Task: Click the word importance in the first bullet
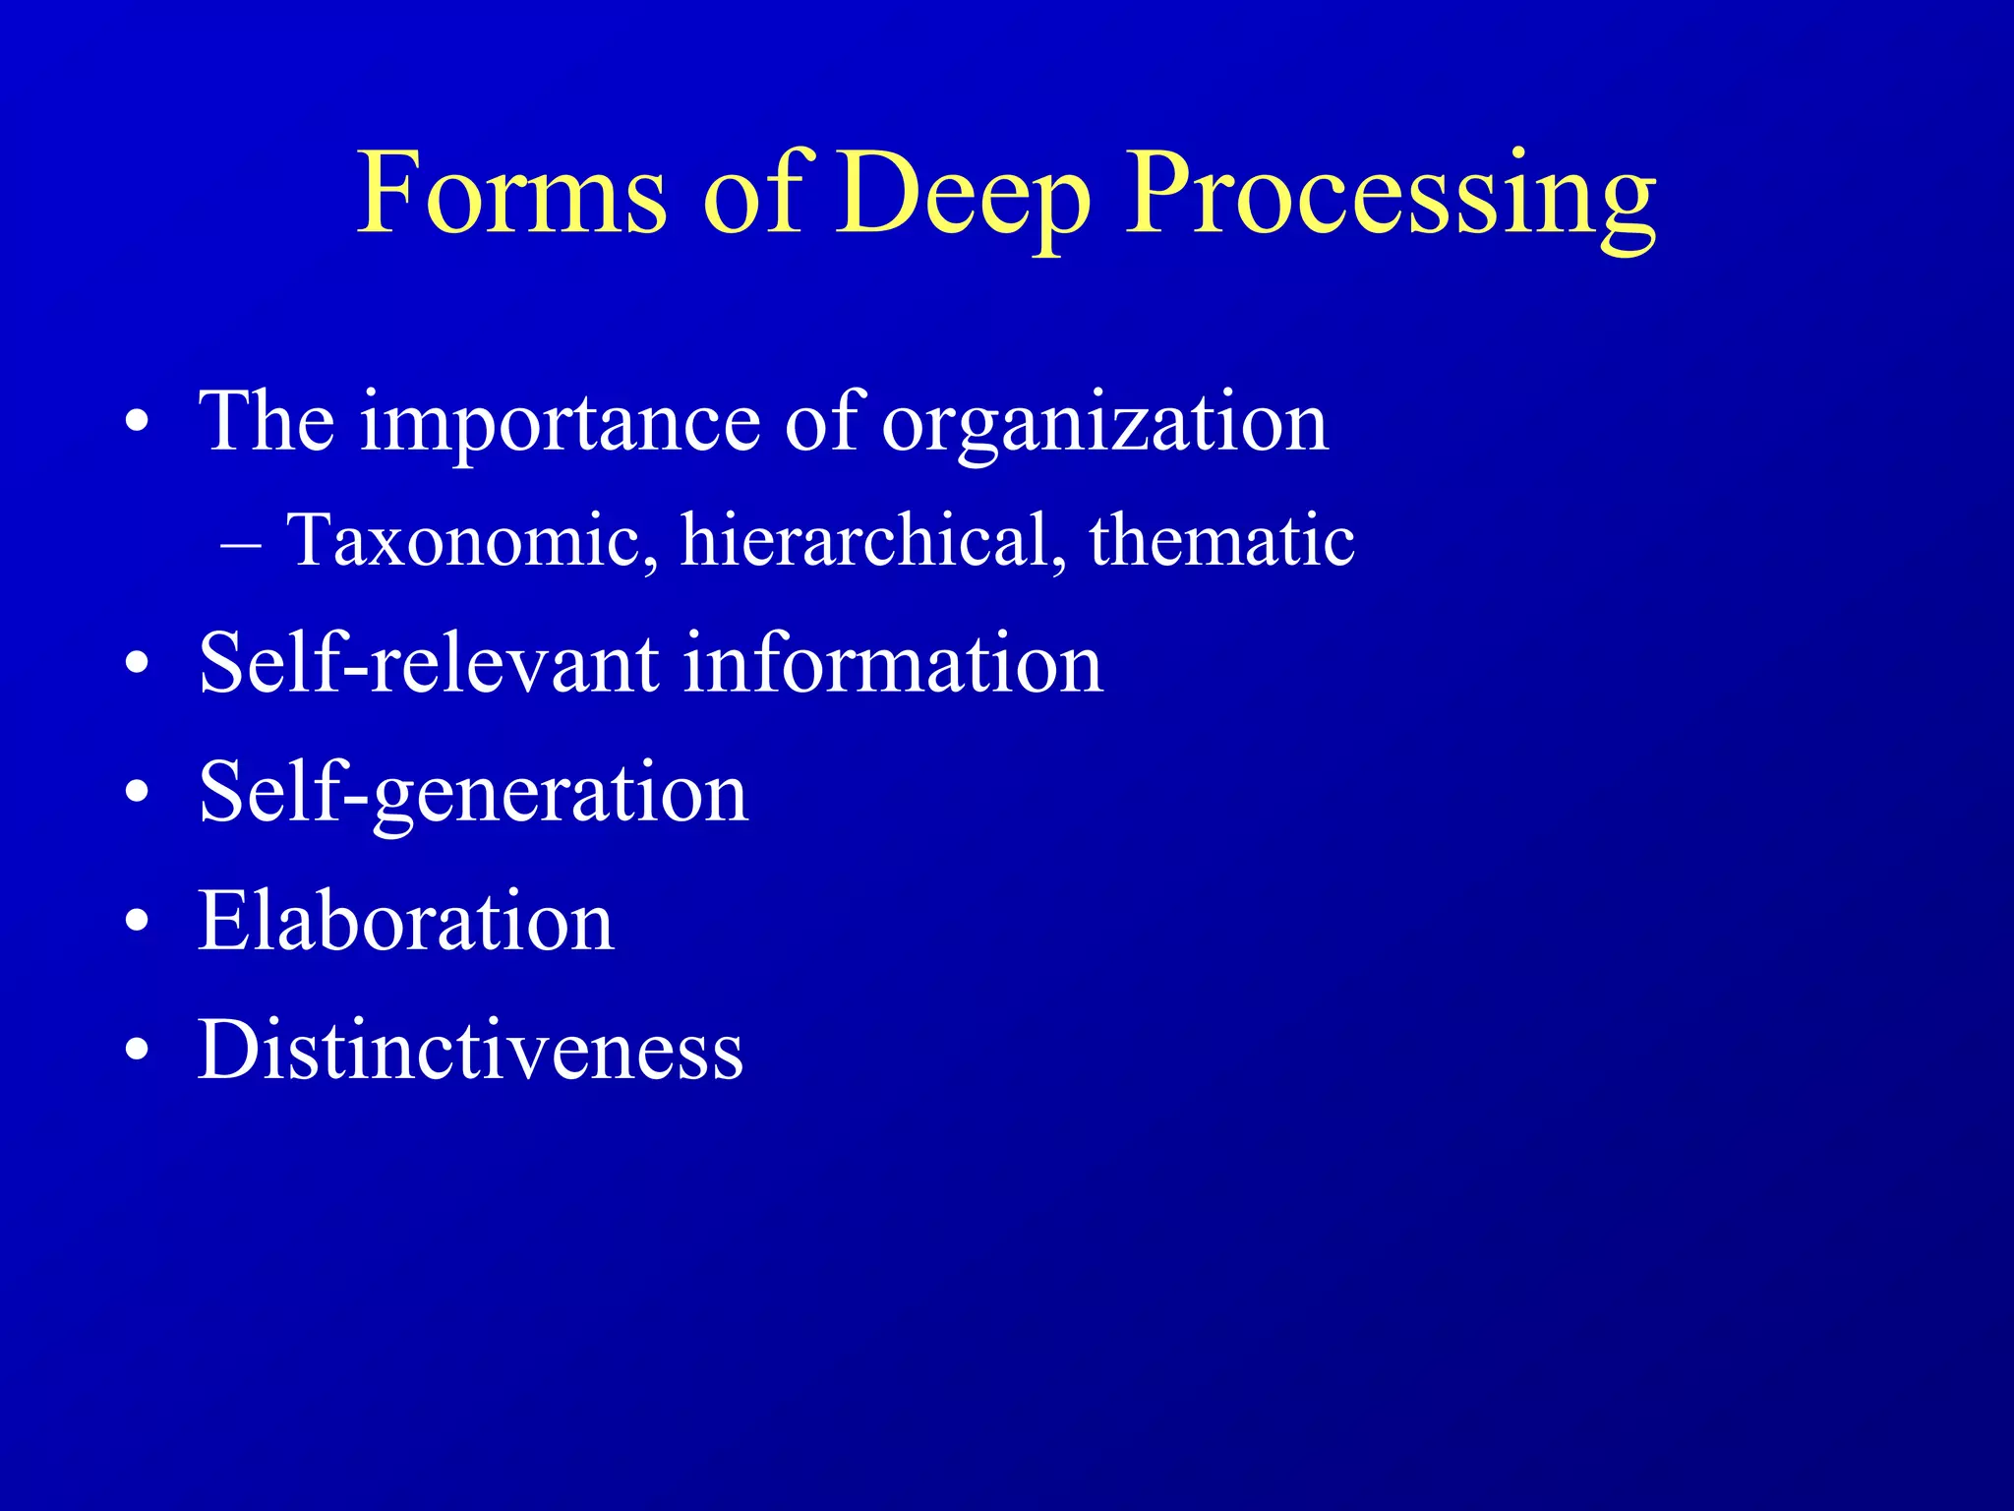coord(561,423)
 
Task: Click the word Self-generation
coord(473,793)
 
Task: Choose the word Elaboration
coord(406,921)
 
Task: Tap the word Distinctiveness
coord(470,1050)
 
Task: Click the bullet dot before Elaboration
coord(138,923)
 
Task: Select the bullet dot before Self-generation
coord(138,793)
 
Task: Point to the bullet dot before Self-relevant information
coord(138,665)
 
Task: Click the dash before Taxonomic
coord(242,544)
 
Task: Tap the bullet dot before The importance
coord(138,424)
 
